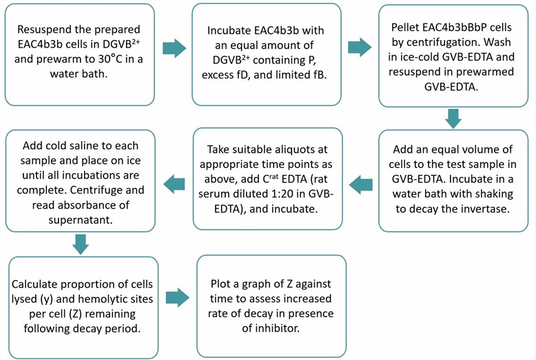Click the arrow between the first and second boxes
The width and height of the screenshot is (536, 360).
tap(174, 48)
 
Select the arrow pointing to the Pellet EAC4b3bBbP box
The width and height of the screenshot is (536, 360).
tap(360, 48)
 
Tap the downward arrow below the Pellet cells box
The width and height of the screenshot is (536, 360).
tap(453, 118)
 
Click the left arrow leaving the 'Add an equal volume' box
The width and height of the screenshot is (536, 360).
tap(361, 182)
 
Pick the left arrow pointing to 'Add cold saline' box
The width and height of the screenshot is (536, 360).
tap(174, 182)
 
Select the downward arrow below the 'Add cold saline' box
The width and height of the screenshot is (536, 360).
tap(81, 244)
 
